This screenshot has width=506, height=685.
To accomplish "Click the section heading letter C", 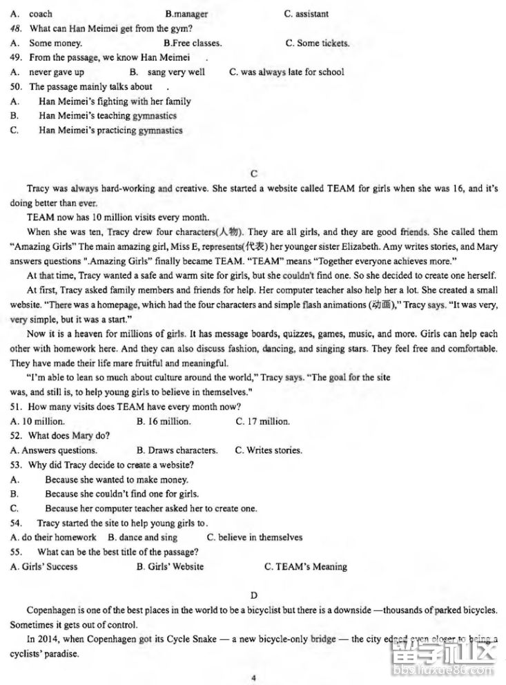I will click(x=254, y=174).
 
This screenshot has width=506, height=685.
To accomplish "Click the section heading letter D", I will click(x=253, y=595).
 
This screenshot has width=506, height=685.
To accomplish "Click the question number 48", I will click(x=17, y=28).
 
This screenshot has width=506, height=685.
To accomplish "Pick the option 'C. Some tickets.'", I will click(x=317, y=43).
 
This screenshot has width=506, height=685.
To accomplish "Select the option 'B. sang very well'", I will click(x=167, y=72).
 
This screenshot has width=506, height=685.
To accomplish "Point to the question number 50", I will click(x=17, y=86).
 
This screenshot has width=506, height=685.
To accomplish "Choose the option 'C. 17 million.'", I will click(x=262, y=421).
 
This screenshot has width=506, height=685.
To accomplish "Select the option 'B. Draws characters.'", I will click(x=177, y=450).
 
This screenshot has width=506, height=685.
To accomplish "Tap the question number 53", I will click(x=17, y=465).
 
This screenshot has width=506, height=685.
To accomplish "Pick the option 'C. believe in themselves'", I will click(x=254, y=537).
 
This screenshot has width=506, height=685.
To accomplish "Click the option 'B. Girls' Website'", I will click(x=170, y=566).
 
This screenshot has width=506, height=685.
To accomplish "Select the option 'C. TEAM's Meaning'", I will click(x=305, y=566).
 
